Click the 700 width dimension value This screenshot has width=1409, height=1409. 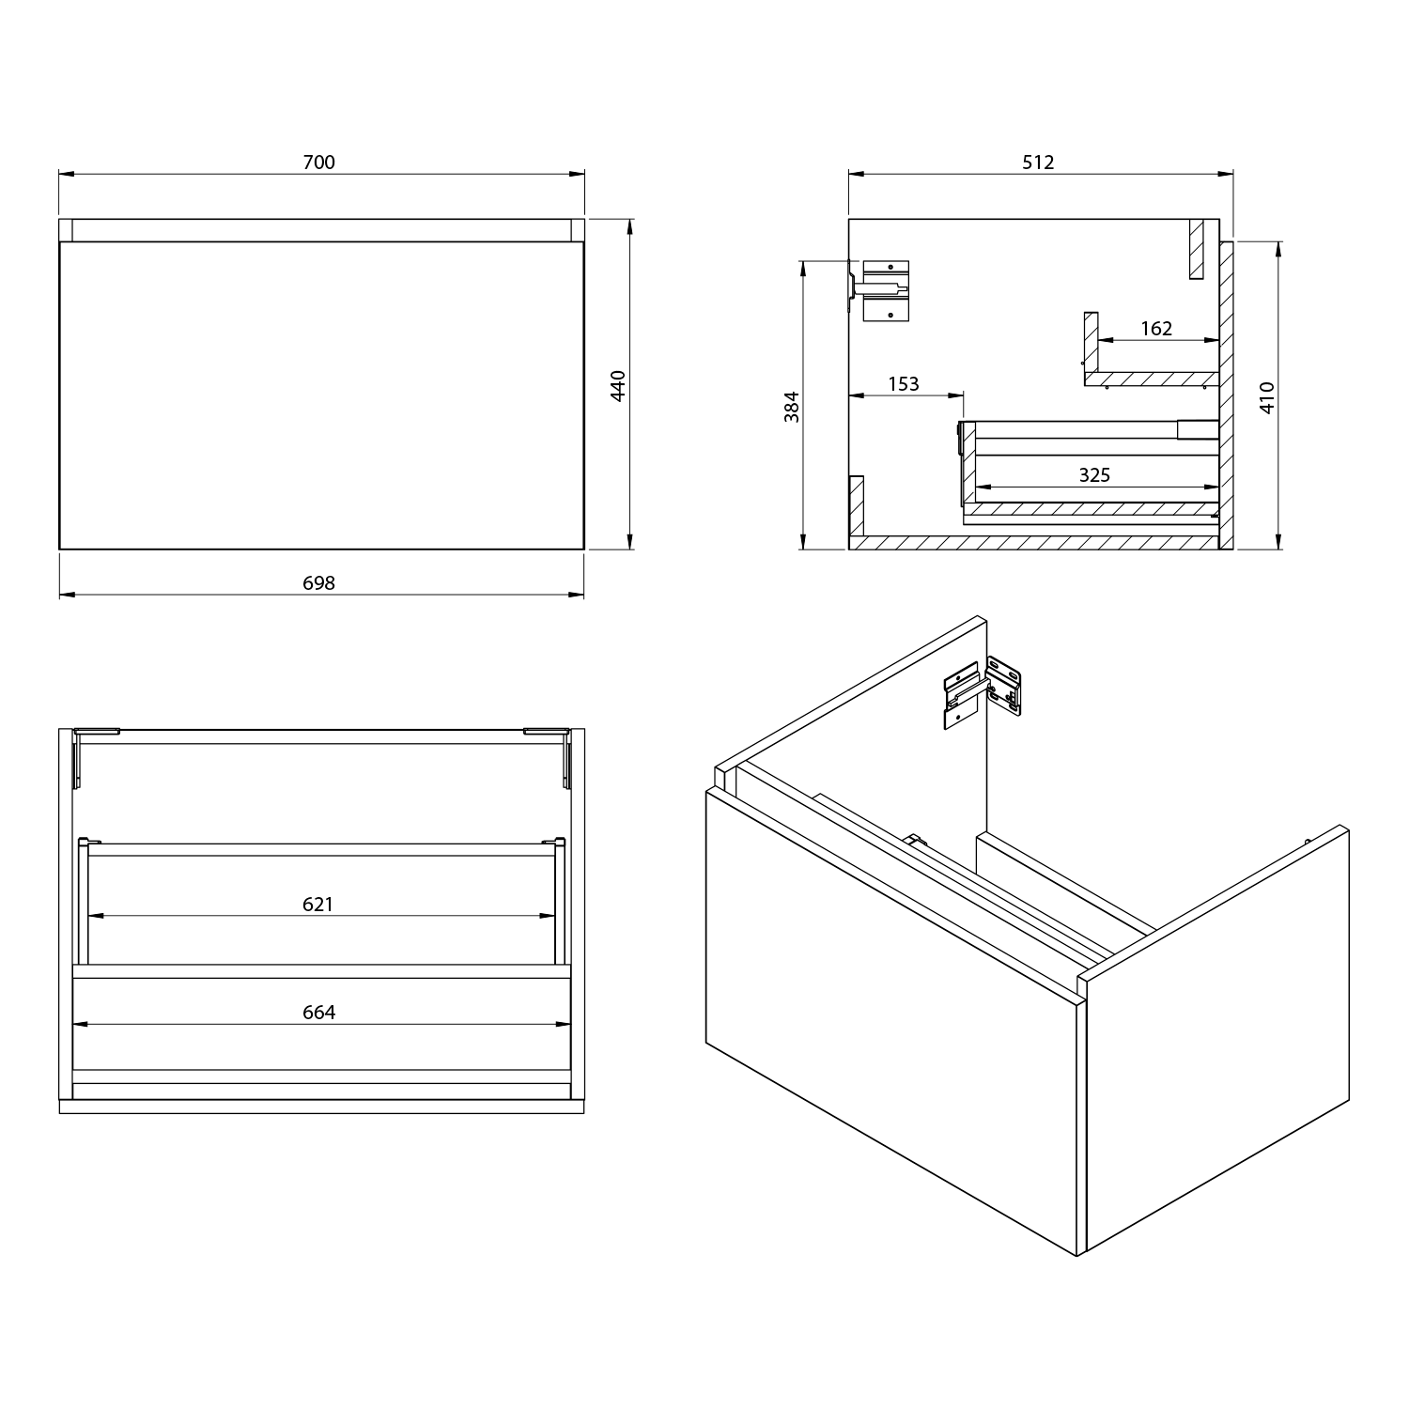(318, 163)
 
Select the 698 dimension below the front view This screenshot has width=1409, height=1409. (318, 583)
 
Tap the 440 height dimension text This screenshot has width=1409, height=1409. (618, 386)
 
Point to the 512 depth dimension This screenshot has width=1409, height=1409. (1038, 163)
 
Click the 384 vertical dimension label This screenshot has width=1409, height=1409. (792, 406)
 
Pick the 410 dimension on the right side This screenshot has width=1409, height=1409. (1267, 397)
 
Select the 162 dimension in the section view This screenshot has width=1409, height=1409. (1156, 329)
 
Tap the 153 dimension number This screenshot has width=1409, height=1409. (903, 383)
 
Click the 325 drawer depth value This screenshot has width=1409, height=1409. (1094, 475)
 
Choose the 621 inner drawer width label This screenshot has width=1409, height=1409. (317, 905)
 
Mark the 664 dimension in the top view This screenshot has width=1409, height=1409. (318, 1013)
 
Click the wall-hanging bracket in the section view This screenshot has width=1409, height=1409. (883, 290)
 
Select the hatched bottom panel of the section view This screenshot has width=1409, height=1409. (1033, 543)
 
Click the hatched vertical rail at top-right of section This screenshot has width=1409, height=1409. (1195, 249)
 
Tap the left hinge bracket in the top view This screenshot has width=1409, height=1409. (85, 756)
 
